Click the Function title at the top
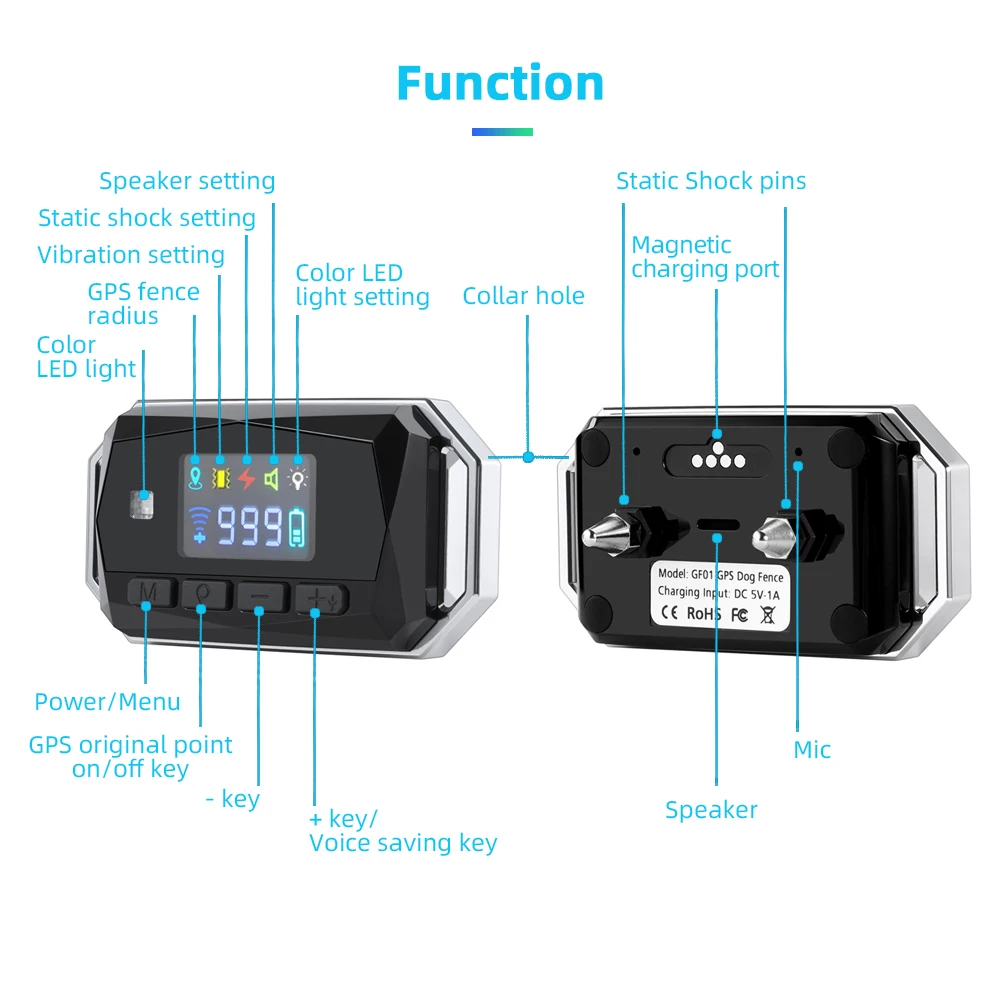[500, 83]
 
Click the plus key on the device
[316, 597]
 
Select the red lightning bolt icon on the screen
[246, 479]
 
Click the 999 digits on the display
[250, 526]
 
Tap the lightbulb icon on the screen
[297, 479]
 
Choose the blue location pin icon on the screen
[195, 479]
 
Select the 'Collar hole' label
[523, 296]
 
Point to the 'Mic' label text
[812, 750]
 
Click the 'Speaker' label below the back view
[711, 810]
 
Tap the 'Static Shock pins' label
[710, 181]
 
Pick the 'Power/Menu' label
[107, 702]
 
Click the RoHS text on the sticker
[704, 614]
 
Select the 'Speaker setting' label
[187, 181]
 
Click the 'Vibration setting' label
[131, 255]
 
